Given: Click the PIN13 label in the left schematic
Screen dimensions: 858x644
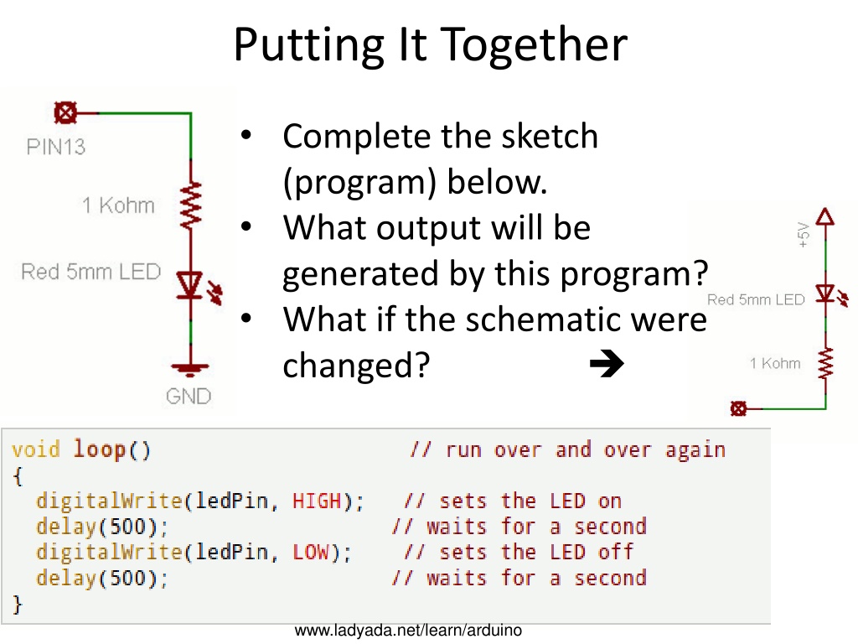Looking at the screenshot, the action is coord(56,147).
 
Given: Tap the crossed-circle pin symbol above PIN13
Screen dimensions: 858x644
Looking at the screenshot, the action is coord(65,113).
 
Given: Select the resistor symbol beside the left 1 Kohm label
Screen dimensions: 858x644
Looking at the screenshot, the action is coord(190,206).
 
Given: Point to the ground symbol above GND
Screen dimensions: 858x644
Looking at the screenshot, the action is coord(190,370).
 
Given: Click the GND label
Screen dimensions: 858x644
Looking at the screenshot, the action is coord(189,396).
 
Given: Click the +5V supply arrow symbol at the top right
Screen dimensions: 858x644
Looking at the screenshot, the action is coord(825,217).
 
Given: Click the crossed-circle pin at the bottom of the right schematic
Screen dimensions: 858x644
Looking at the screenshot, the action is coord(738,408).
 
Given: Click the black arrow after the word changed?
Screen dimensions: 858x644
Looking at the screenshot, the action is coord(607,363).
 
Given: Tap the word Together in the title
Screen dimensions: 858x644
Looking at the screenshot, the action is coord(534,45).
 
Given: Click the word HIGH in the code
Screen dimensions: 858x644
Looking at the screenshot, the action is coord(317,501).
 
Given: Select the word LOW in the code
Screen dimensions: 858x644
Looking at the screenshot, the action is coord(311,552).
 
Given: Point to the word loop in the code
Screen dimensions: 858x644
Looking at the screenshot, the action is coord(100,449).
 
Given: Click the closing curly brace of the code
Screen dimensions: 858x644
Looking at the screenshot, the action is coord(18,604).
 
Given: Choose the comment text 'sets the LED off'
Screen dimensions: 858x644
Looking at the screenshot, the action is coord(536,552).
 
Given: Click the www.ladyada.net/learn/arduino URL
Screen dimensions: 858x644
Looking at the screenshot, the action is coord(408,631).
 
